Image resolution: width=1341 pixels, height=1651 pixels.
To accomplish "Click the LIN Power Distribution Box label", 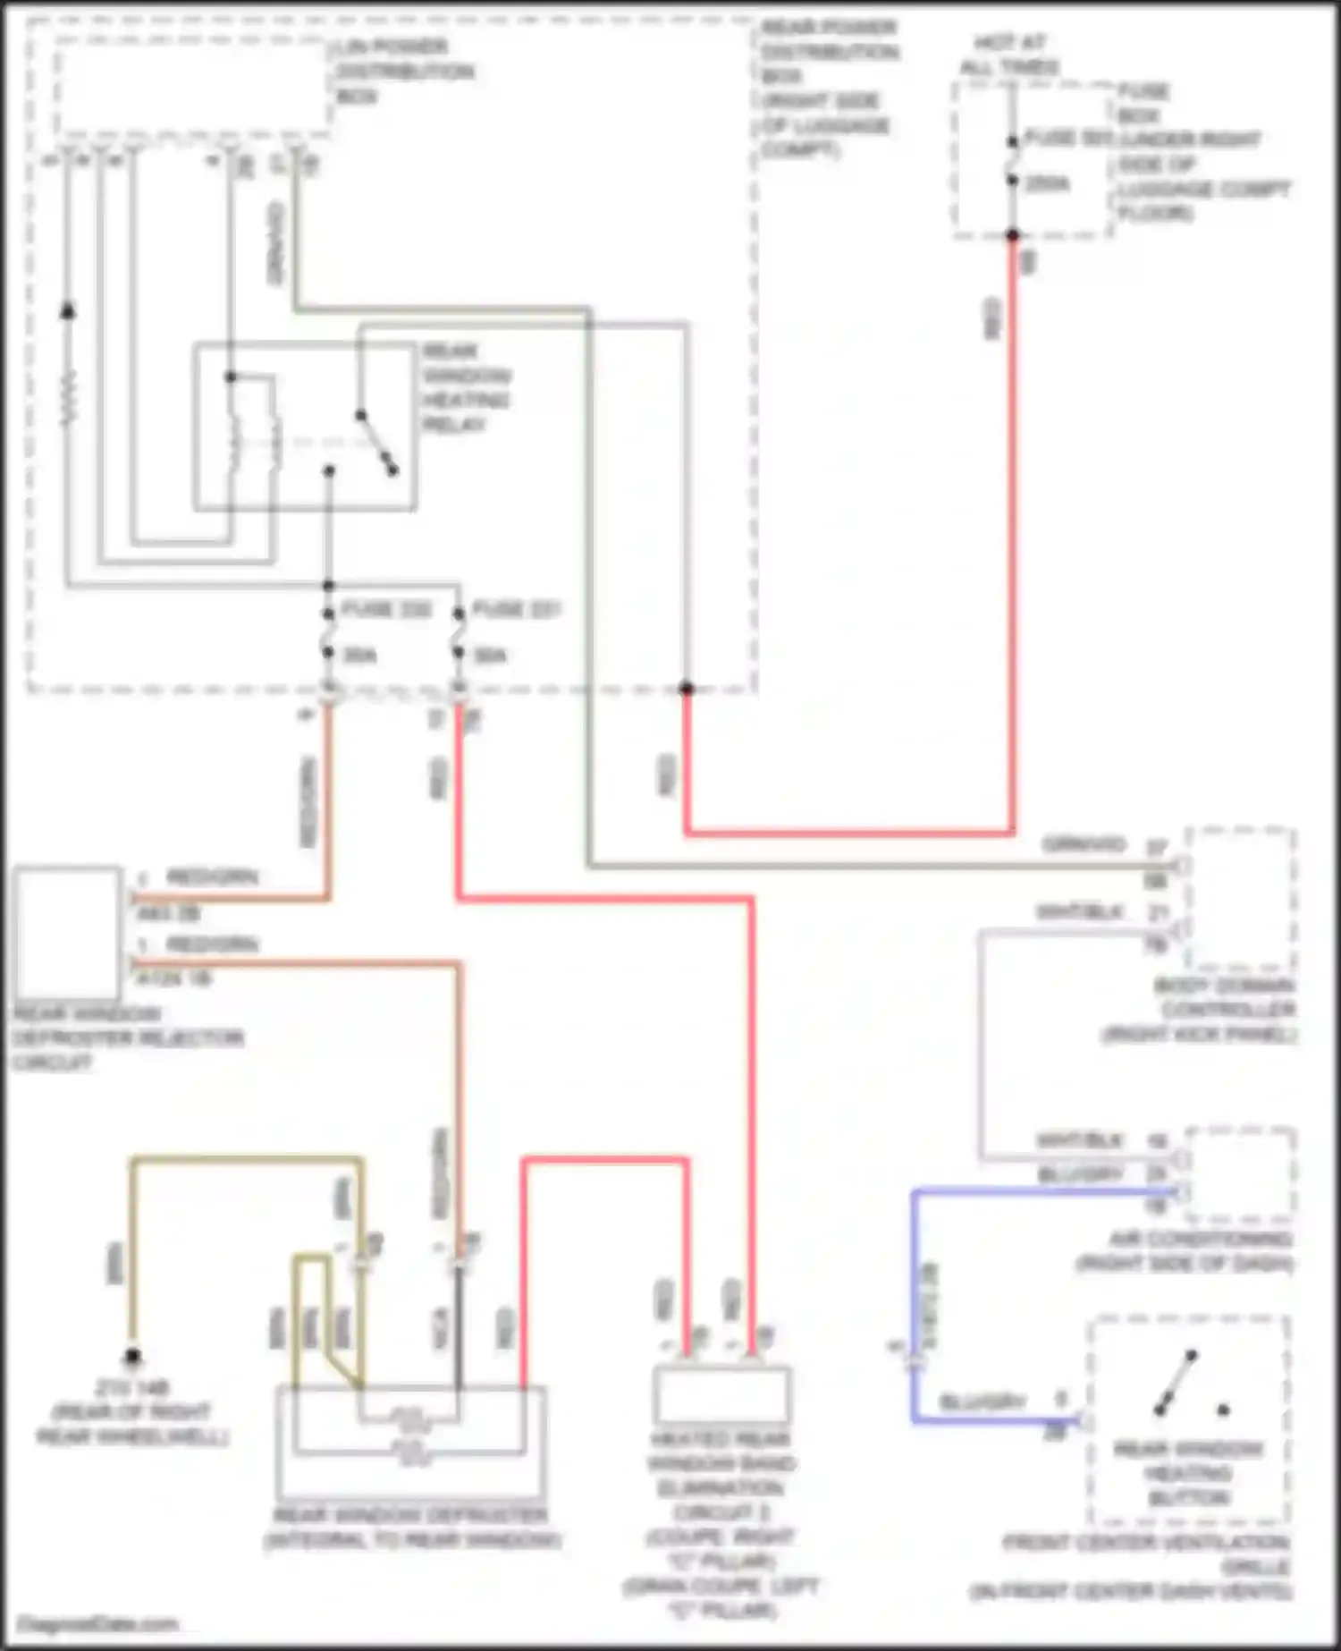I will click(404, 72).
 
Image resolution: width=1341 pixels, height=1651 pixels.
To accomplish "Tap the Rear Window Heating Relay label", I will click(466, 387).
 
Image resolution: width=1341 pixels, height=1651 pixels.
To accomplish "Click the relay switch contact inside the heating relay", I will click(376, 442).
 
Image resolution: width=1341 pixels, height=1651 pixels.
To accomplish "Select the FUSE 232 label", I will click(386, 610).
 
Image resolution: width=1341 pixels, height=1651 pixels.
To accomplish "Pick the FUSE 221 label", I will click(516, 610).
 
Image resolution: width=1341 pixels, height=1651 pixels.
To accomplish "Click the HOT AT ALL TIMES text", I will click(1009, 55).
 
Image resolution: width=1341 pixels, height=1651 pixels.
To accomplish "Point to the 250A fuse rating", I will click(1047, 184).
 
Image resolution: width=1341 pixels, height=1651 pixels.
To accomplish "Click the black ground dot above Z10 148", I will click(132, 1358).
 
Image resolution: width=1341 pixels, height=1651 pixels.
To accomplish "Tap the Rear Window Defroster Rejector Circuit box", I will click(68, 932).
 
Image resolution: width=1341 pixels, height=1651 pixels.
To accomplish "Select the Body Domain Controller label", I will click(1224, 1010).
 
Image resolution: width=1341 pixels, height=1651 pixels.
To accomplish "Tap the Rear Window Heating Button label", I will click(1188, 1473).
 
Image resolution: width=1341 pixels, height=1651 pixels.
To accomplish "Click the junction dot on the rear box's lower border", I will click(687, 689).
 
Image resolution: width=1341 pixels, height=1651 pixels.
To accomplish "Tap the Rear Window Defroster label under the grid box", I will click(410, 1516).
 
